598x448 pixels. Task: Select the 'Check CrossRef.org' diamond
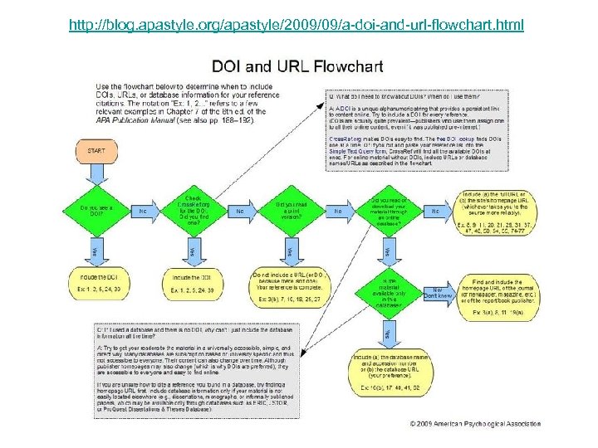tap(193, 211)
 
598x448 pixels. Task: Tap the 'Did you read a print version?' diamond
tap(289, 211)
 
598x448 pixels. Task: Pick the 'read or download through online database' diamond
tap(387, 211)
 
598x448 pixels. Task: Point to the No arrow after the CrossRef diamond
tap(239, 211)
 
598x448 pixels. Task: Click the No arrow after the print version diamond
tap(338, 211)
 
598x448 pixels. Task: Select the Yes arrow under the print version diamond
tap(289, 250)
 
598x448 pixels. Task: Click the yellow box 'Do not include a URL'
tap(289, 285)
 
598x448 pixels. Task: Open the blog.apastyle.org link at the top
tap(297, 25)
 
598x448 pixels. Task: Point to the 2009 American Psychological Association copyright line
tap(475, 424)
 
